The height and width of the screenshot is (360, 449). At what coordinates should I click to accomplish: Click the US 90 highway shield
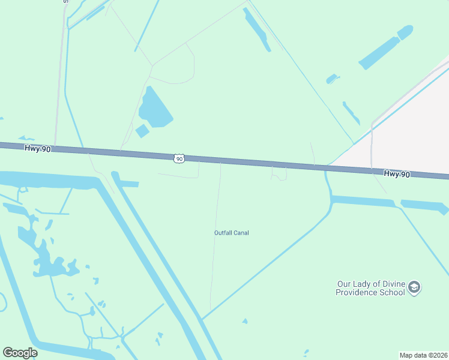point(179,158)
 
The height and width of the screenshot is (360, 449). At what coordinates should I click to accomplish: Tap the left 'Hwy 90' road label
point(38,148)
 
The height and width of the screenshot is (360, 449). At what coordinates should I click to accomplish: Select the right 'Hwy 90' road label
point(397,174)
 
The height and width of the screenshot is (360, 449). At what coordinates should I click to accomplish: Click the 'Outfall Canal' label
point(232,233)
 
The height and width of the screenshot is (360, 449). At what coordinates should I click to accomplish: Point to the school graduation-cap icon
point(414,288)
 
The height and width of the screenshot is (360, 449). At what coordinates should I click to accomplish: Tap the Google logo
point(20,353)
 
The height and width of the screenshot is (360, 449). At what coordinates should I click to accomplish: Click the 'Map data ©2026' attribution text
point(423,355)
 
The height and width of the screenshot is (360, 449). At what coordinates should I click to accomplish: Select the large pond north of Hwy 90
point(154,109)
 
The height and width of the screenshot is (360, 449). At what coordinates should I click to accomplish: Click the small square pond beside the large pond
point(142,131)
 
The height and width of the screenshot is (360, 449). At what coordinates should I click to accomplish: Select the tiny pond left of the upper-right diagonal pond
point(332,79)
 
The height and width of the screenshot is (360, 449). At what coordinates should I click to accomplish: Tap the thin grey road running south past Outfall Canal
point(215,240)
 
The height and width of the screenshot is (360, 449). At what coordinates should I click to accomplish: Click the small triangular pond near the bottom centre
point(244,322)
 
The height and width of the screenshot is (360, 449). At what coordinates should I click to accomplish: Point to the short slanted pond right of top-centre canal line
point(351,113)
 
